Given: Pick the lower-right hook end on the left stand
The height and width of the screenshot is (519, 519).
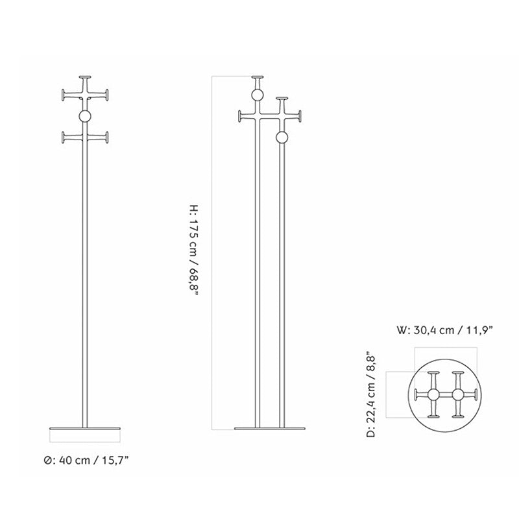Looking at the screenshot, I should pos(106,138).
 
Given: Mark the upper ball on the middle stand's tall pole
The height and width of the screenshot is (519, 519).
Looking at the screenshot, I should pos(258,96).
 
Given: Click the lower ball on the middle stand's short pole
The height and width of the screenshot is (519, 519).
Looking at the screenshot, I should pos(282,138).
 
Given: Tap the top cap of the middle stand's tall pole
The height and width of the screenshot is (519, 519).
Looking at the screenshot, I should pos(258,77).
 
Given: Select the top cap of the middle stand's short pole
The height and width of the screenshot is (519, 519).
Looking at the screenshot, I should pos(282,99).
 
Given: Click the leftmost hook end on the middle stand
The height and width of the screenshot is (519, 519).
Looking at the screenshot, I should pos(240,117).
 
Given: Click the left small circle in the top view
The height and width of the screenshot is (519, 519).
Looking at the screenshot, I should pos(433,395).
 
